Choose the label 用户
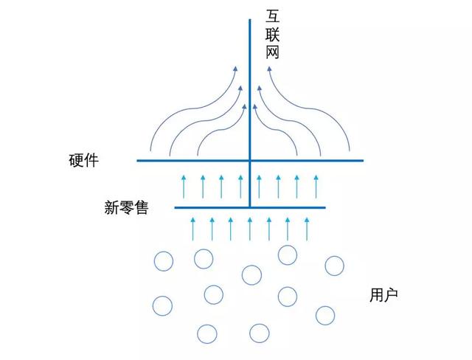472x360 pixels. [383, 296]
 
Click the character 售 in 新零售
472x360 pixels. [141, 208]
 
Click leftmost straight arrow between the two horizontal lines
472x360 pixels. [184, 185]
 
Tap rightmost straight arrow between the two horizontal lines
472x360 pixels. [316, 185]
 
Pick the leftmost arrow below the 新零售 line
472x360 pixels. [193, 228]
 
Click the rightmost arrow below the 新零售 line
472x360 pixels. [305, 228]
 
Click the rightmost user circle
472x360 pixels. [334, 266]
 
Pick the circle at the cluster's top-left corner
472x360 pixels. [163, 262]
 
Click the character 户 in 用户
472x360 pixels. [391, 296]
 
